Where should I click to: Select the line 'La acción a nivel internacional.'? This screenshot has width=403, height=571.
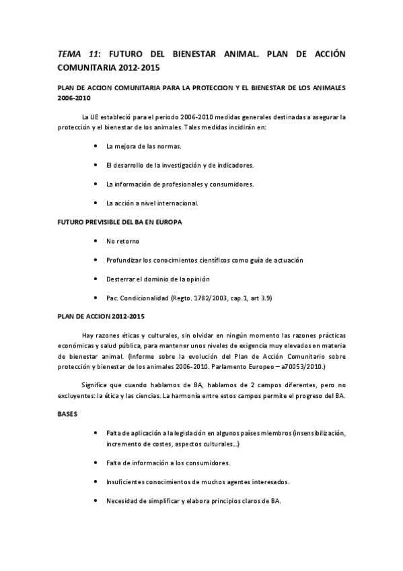tap(152, 203)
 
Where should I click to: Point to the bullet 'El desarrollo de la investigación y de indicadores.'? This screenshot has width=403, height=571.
tap(180, 165)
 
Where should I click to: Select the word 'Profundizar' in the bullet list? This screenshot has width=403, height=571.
tap(124, 260)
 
